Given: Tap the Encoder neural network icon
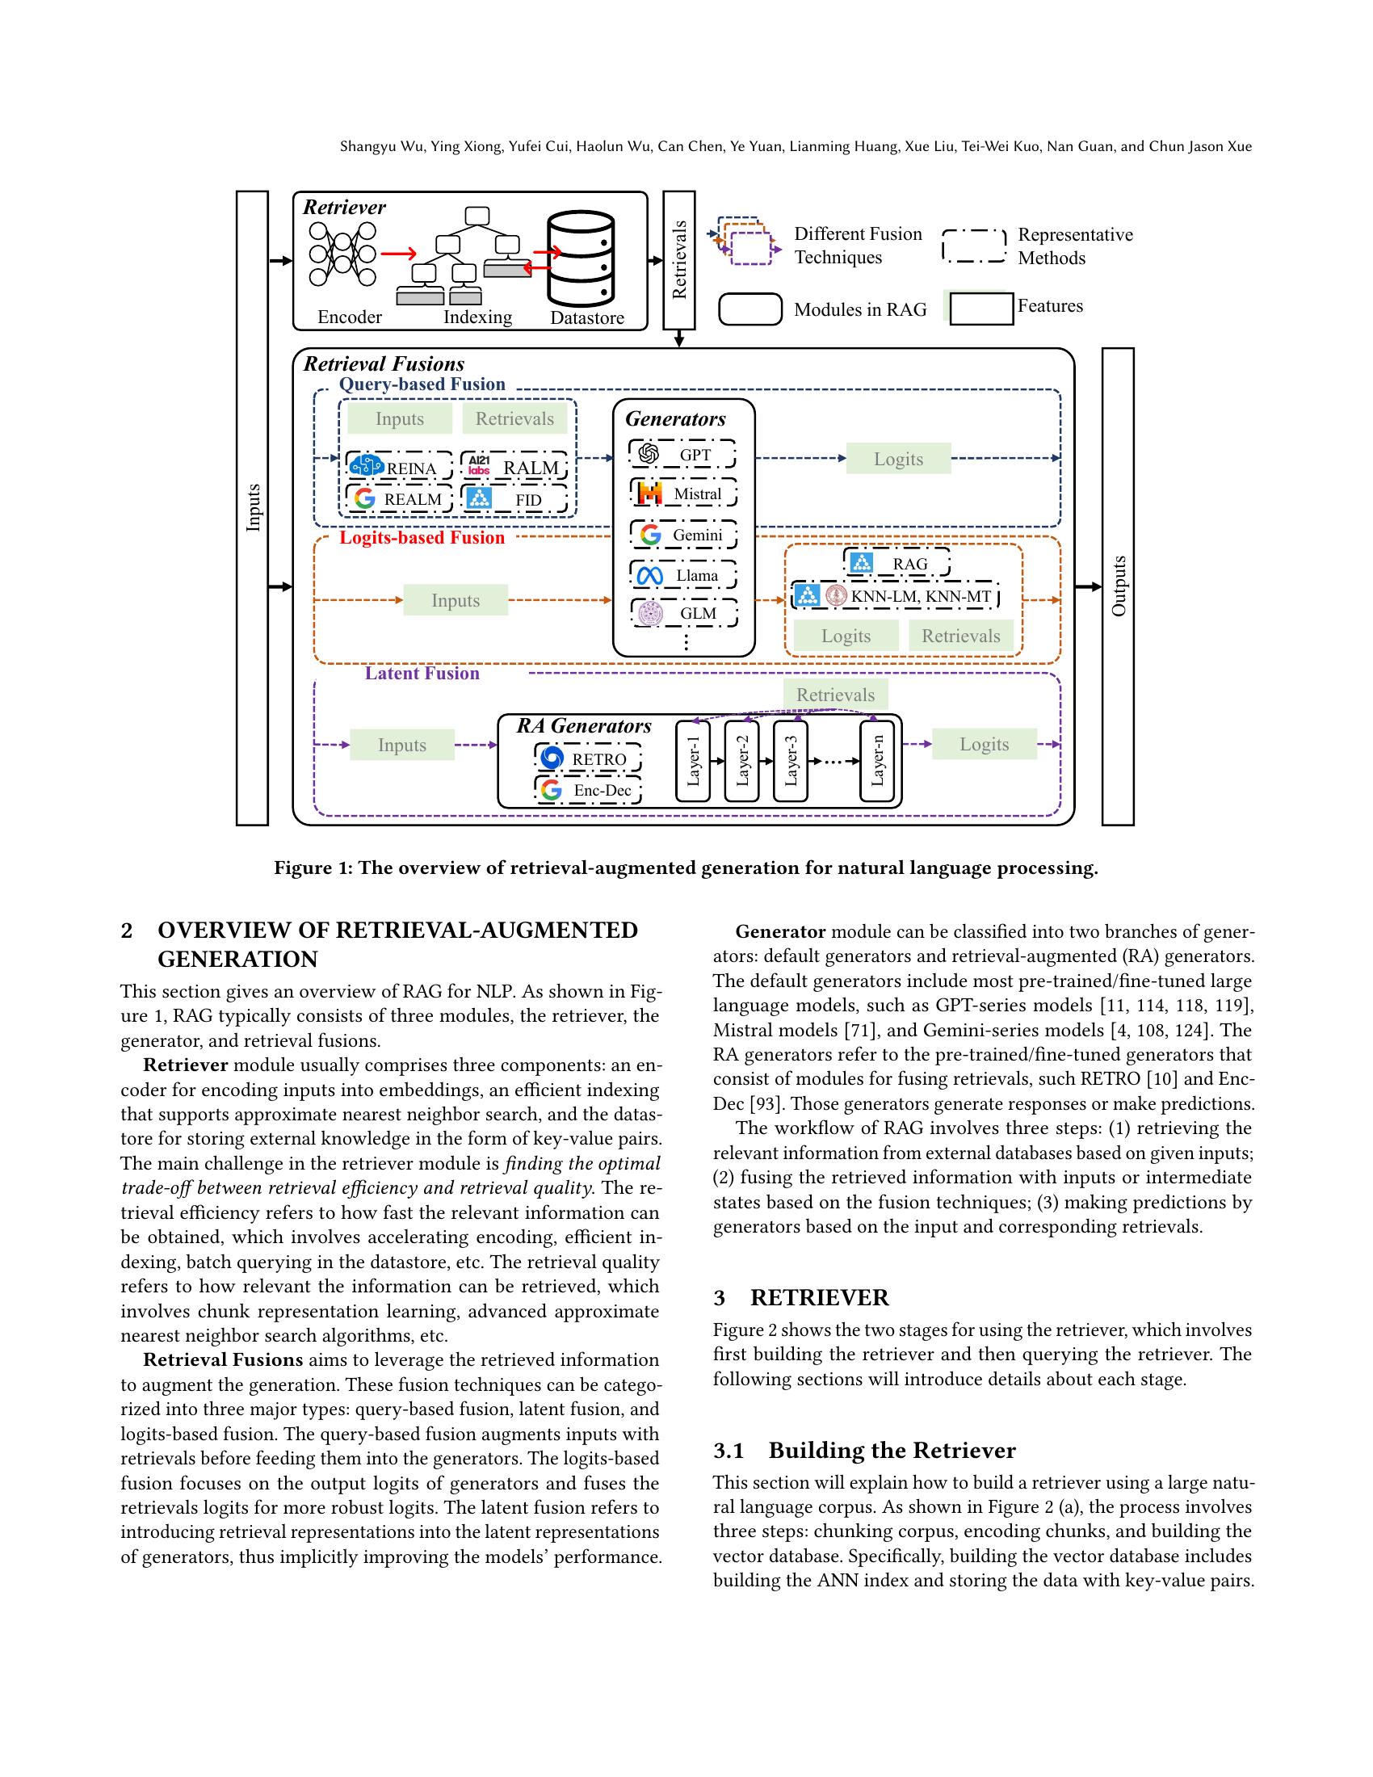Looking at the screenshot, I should click(x=342, y=254).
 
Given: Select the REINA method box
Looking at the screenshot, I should click(x=398, y=467).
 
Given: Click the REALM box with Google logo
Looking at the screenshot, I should click(x=398, y=498).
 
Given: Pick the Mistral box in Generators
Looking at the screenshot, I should click(x=682, y=493).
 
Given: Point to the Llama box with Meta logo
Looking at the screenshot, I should click(x=682, y=575).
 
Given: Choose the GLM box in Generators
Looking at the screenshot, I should click(x=682, y=613).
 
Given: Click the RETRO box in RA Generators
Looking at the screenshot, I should click(x=587, y=758).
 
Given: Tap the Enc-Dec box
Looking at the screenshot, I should click(x=587, y=789).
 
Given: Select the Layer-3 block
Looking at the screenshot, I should click(x=790, y=761).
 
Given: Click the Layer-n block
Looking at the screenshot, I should click(x=877, y=761).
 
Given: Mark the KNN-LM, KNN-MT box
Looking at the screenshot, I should click(x=895, y=596).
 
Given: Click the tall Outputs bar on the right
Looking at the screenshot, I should click(x=1118, y=586).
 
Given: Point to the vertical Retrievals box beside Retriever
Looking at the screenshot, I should click(x=679, y=259).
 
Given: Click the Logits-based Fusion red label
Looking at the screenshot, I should click(x=422, y=538).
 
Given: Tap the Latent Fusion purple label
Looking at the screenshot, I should click(x=422, y=673).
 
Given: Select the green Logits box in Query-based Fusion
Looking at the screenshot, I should click(x=898, y=459).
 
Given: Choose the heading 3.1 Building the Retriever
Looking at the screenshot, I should click(x=865, y=1450).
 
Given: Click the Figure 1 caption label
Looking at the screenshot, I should click(x=686, y=868).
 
